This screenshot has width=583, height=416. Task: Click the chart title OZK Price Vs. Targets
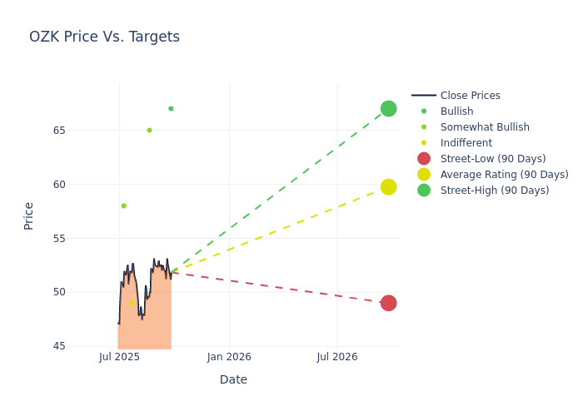pyautogui.click(x=104, y=37)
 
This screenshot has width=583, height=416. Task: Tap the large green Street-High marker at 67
pyautogui.click(x=388, y=109)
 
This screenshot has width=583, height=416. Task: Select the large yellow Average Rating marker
pyautogui.click(x=388, y=186)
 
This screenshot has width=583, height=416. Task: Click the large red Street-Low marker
pyautogui.click(x=388, y=303)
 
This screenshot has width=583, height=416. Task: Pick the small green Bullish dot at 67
pyautogui.click(x=171, y=109)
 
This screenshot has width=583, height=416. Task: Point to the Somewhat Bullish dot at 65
pyautogui.click(x=149, y=130)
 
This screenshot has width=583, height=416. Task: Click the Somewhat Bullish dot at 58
pyautogui.click(x=123, y=206)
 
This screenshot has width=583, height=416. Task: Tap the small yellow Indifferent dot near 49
pyautogui.click(x=132, y=303)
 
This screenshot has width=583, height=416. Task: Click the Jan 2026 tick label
pyautogui.click(x=229, y=357)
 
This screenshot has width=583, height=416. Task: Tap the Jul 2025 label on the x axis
pyautogui.click(x=119, y=357)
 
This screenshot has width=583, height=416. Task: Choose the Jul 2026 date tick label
pyautogui.click(x=337, y=357)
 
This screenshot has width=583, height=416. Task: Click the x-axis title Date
pyautogui.click(x=233, y=380)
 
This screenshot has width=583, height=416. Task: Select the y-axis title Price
pyautogui.click(x=29, y=215)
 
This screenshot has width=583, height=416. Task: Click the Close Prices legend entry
pyautogui.click(x=470, y=96)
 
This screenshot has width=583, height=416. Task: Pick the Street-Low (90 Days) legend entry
pyautogui.click(x=492, y=159)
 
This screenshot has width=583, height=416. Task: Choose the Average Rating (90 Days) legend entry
pyautogui.click(x=504, y=175)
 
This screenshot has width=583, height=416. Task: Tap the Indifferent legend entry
pyautogui.click(x=466, y=143)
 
